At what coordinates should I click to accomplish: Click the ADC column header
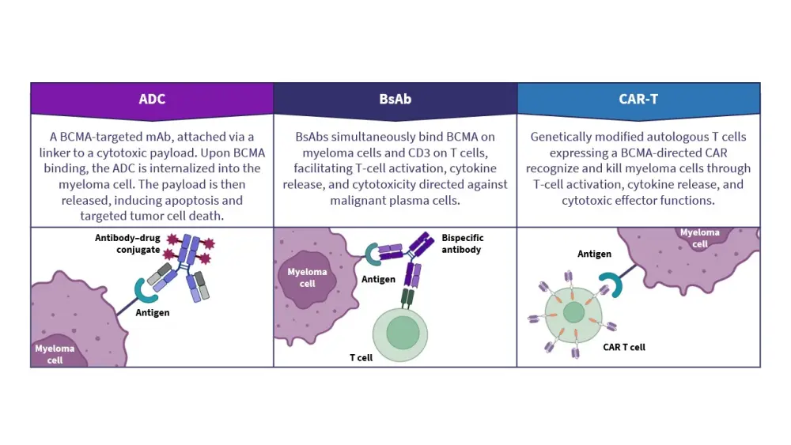tap(152, 100)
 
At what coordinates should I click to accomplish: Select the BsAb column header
tap(395, 100)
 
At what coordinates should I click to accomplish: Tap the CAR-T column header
tap(638, 100)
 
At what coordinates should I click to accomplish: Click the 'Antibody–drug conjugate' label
tap(127, 244)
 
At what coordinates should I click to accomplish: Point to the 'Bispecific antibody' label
tap(463, 243)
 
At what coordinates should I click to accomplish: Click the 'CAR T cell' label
tap(624, 347)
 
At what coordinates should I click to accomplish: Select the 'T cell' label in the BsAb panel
tap(362, 357)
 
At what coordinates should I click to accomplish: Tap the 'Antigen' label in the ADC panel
tap(153, 312)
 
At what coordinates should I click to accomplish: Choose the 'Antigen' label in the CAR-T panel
tap(594, 254)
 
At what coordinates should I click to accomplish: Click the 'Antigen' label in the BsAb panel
tap(378, 279)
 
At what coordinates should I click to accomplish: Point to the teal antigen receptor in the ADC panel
tap(147, 289)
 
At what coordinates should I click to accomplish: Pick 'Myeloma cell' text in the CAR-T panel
tap(699, 238)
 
